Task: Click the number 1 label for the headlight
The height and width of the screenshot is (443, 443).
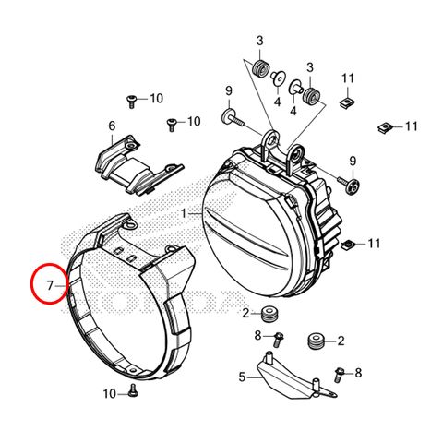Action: [184, 213]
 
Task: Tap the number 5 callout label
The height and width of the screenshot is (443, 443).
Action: [242, 377]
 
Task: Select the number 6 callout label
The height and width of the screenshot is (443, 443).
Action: [112, 126]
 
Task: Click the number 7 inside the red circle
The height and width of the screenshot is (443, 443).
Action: [50, 286]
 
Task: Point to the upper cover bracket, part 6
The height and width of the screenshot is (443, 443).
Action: [139, 165]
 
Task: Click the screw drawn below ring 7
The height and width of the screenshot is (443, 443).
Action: [134, 389]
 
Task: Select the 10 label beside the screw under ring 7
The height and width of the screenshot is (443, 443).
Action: [110, 393]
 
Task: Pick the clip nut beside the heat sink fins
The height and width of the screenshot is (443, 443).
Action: [348, 245]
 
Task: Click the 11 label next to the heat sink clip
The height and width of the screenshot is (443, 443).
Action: [374, 244]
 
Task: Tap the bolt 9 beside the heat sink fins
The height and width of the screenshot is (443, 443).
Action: [349, 184]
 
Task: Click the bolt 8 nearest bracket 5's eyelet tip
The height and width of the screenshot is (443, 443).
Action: [340, 374]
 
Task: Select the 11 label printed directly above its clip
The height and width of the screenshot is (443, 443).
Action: [348, 78]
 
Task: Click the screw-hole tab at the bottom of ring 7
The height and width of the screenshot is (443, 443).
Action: [133, 369]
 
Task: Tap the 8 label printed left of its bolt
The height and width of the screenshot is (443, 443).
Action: [257, 336]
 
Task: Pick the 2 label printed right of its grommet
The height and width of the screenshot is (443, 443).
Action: [341, 341]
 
